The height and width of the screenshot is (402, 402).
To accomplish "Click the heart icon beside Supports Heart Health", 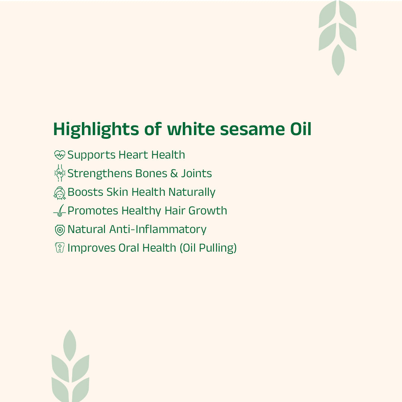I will (x=60, y=155).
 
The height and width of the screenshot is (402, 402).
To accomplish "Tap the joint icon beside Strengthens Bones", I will (x=60, y=173).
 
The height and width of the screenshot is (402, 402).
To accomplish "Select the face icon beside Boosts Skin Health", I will (x=60, y=192).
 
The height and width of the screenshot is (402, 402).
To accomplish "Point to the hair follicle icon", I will (x=60, y=211).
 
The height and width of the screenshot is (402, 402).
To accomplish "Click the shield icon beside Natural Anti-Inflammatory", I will (x=60, y=230).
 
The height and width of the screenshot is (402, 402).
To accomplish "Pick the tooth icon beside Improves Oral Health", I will (x=60, y=248).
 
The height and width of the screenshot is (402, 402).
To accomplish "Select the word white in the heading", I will (x=191, y=130).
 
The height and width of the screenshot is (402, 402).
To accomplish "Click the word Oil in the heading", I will (x=300, y=130).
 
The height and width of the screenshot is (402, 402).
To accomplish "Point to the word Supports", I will (x=91, y=155).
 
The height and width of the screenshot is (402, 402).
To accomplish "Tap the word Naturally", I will (x=192, y=192).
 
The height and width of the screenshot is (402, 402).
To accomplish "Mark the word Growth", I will (x=207, y=211).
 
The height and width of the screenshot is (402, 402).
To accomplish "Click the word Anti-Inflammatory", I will (x=157, y=229).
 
